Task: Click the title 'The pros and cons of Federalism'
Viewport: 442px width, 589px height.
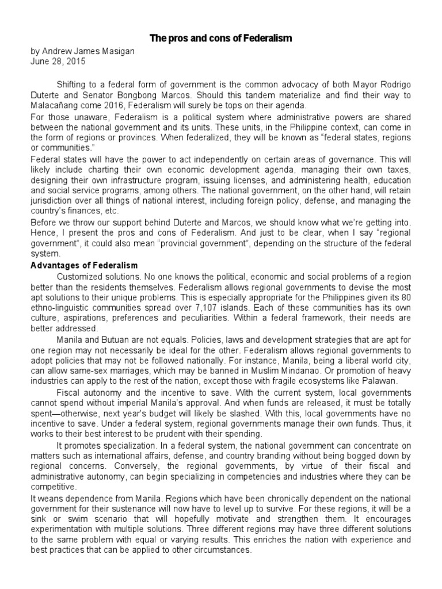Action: [221, 38]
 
